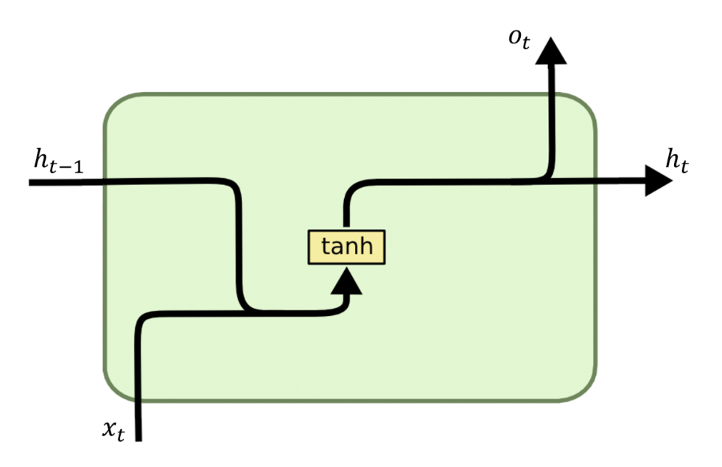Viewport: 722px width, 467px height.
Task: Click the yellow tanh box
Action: point(346,247)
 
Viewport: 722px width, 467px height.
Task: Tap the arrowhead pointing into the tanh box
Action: point(346,281)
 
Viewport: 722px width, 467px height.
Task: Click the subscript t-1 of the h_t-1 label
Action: point(68,167)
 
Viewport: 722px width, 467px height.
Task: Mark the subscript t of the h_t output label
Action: point(684,167)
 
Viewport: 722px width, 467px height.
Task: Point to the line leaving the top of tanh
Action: point(346,214)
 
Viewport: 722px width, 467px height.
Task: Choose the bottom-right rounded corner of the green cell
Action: point(582,388)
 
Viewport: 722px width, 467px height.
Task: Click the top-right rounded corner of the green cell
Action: point(582,108)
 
